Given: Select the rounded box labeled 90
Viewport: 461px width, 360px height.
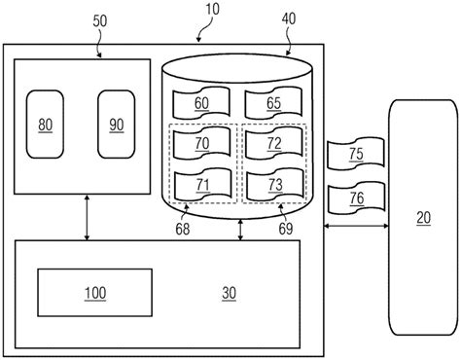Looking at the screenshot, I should point(118,125).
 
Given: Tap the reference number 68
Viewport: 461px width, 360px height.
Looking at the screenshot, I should point(183,231).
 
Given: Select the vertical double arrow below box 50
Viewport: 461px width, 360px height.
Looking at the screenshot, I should point(88,216).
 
